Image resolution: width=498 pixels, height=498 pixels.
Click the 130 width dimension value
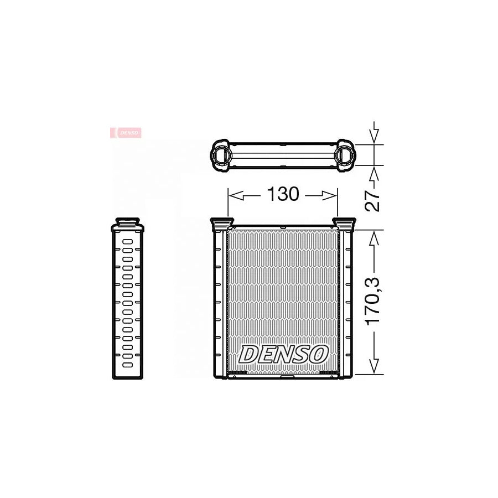283,194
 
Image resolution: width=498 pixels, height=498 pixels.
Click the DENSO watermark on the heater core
283,354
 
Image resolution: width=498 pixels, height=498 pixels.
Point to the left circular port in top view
224,154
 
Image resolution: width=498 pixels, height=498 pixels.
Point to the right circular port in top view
344,154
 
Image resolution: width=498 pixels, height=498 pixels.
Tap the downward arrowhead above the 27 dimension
375,136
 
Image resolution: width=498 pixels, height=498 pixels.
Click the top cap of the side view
128,223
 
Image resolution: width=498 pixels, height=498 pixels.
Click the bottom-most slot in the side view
128,365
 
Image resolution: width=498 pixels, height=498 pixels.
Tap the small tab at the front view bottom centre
288,378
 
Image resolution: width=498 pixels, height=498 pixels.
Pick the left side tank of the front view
219,302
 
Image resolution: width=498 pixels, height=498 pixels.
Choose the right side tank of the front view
347,302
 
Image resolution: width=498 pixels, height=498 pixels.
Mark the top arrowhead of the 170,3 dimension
375,237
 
